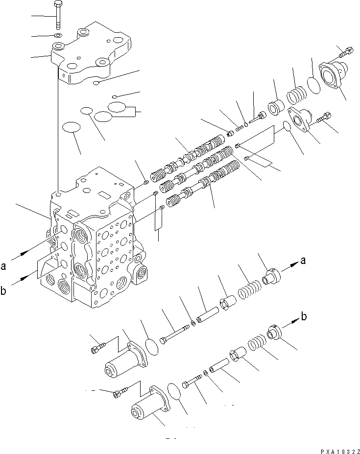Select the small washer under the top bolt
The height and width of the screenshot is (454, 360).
(58, 36)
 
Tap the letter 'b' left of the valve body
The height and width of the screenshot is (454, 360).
(4, 292)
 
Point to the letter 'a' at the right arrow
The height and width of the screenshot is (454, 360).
(304, 261)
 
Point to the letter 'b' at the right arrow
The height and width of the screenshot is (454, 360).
(304, 317)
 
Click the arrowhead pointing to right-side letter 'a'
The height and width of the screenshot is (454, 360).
(295, 263)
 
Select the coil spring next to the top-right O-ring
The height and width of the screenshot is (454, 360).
(298, 93)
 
